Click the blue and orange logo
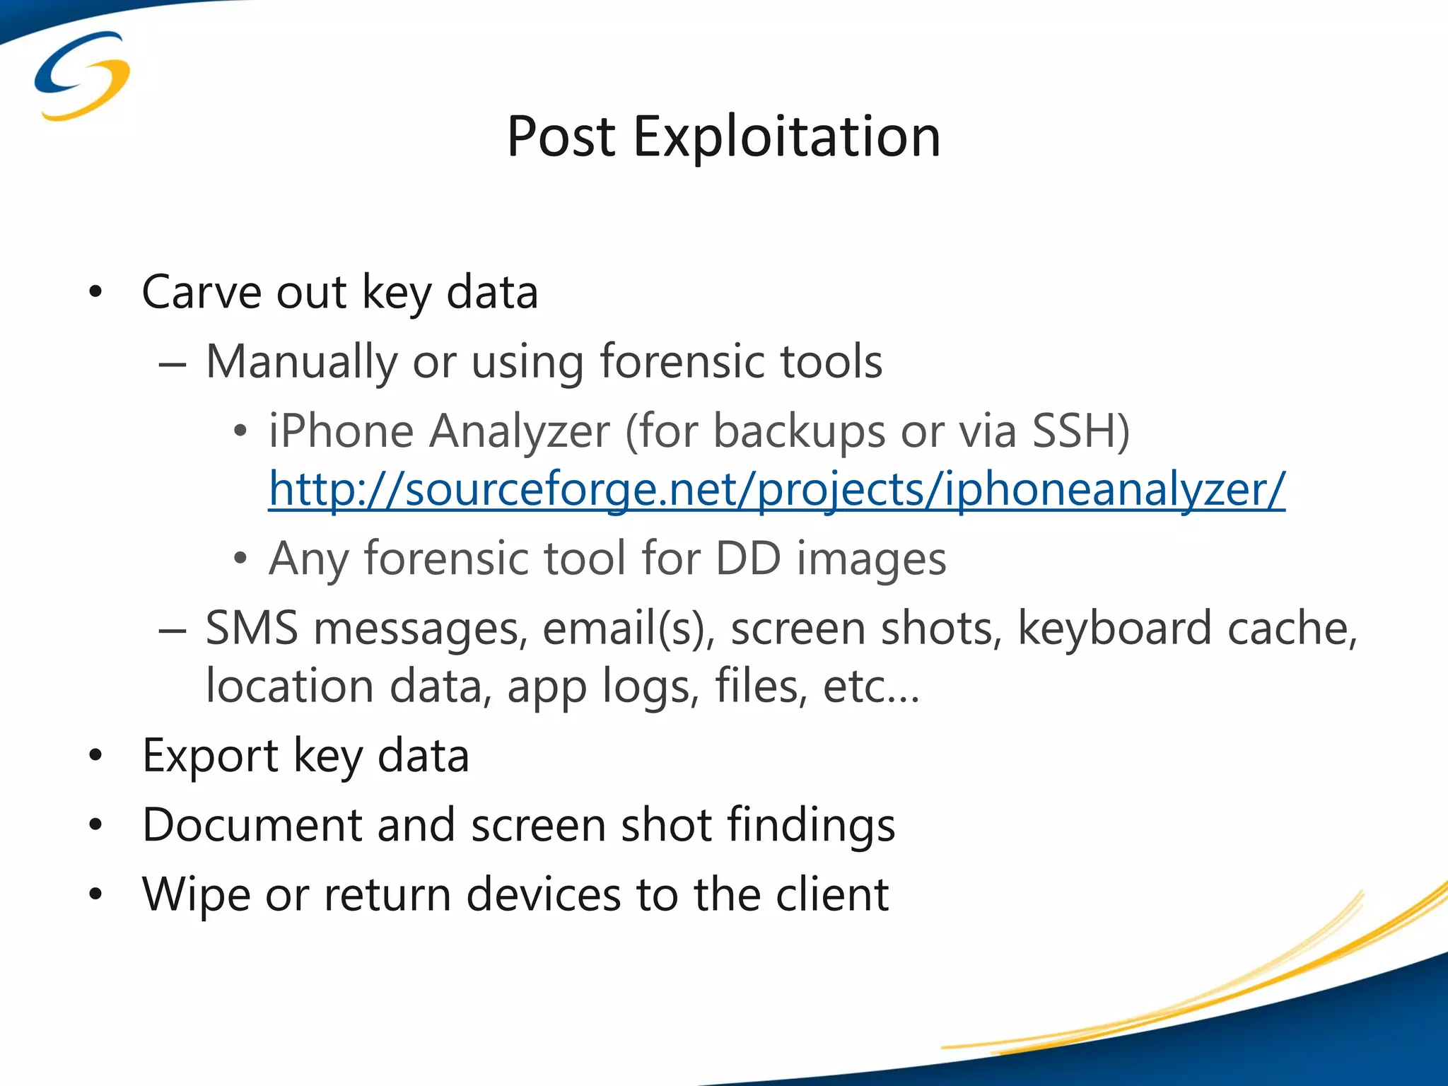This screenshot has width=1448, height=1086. click(82, 76)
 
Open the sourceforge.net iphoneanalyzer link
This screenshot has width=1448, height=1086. click(776, 489)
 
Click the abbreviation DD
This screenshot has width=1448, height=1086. click(747, 559)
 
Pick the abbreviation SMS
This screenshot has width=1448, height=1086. click(252, 628)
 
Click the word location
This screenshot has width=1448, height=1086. click(289, 686)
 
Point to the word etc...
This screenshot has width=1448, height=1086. click(870, 686)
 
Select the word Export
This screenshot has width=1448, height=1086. click(210, 755)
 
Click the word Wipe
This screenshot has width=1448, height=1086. click(196, 894)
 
